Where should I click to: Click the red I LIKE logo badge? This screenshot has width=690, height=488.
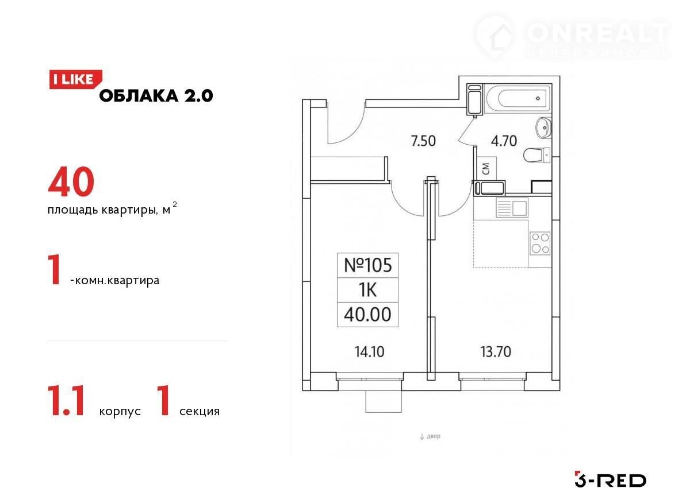point(75,80)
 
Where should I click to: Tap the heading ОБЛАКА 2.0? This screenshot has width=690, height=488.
point(156,96)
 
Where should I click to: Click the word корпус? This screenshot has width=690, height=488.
point(120,412)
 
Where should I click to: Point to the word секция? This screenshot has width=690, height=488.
point(200,411)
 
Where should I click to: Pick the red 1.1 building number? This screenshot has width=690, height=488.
point(66,401)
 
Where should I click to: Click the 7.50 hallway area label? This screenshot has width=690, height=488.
point(423,141)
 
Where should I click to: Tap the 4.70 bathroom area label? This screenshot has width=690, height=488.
point(504,141)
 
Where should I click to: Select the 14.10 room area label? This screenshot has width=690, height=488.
point(369,352)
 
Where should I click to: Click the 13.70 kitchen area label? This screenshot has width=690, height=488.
point(496,352)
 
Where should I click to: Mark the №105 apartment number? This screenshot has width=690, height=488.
point(368,265)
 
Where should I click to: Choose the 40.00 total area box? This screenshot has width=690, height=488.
point(368,315)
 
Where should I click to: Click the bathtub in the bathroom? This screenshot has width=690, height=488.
point(517,99)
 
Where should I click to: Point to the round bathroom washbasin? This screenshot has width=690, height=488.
point(544,128)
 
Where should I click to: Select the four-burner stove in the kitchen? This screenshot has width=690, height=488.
point(540,243)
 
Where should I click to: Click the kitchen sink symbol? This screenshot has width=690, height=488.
point(512,207)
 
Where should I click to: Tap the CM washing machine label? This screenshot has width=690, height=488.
point(486,169)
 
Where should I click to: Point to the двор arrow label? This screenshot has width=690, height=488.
point(430,436)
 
